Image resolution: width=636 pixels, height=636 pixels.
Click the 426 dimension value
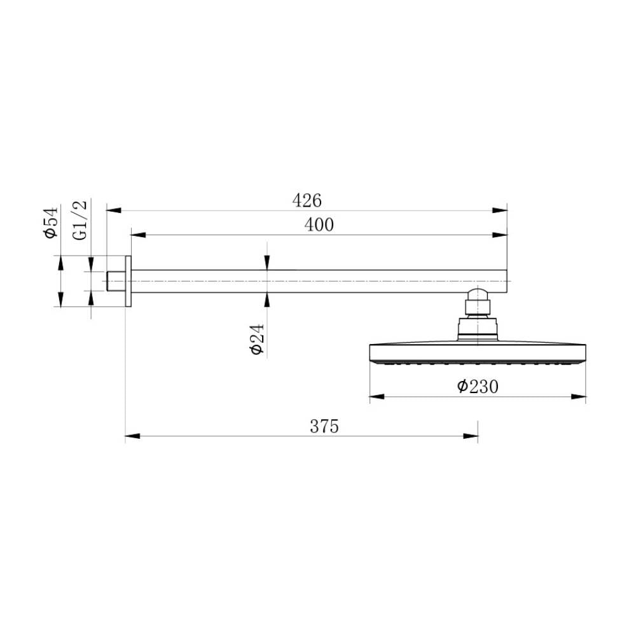tap(307, 200)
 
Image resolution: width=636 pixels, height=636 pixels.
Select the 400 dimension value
tap(319, 225)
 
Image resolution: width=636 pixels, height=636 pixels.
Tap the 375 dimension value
tap(324, 426)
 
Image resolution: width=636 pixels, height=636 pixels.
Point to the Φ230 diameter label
tap(478, 386)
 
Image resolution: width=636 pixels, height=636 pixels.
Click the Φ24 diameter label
tap(258, 339)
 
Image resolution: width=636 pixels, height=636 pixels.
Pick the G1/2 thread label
tap(81, 220)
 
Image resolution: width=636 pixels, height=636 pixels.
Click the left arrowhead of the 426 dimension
tap(114, 210)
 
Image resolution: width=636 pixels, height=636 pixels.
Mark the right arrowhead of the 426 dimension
tap(500, 210)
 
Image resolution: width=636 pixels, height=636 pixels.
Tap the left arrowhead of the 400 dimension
tap(138, 235)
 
